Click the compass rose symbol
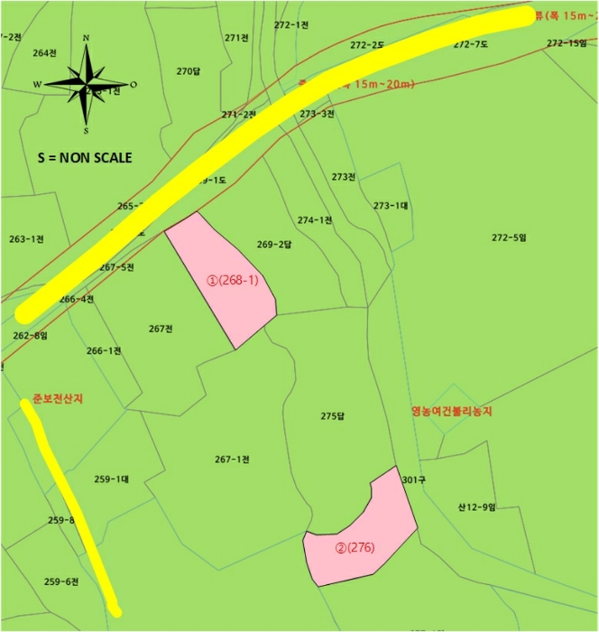[x=87, y=83]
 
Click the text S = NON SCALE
[x=85, y=157]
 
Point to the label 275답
[x=333, y=416]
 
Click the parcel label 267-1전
[x=232, y=460]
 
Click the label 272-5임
[x=508, y=237]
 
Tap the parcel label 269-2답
[x=274, y=245]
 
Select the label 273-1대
[x=391, y=206]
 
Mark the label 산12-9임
[x=476, y=507]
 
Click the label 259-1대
[x=111, y=479]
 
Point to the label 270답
[x=189, y=71]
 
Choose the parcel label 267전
[x=161, y=329]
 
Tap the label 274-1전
[x=315, y=220]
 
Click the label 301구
[x=413, y=479]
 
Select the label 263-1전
[x=26, y=239]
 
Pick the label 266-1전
[x=104, y=350]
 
